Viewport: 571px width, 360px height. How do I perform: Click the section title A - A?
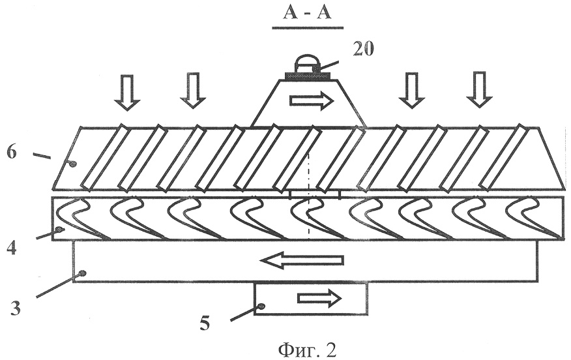click(x=308, y=14)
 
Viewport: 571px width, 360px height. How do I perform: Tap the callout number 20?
click(x=363, y=49)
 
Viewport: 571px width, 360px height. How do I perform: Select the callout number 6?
click(x=11, y=153)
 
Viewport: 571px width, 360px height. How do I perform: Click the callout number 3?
click(x=14, y=308)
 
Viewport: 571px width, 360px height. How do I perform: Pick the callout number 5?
click(x=205, y=323)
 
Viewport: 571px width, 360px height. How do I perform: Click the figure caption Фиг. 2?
click(x=307, y=350)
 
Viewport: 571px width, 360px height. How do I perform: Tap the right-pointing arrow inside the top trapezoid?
click(x=312, y=100)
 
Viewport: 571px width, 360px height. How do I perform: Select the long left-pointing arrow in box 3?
click(x=302, y=260)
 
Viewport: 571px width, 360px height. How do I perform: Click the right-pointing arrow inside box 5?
click(x=320, y=298)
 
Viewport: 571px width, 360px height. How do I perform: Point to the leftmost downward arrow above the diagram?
click(x=127, y=92)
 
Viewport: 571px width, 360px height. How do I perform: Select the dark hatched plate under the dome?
click(x=307, y=76)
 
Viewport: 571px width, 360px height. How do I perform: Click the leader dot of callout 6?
click(x=73, y=164)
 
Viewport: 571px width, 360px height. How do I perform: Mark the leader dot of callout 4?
click(x=59, y=230)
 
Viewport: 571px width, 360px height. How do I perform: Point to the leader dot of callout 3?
click(x=83, y=273)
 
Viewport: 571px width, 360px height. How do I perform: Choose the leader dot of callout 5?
click(x=261, y=307)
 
